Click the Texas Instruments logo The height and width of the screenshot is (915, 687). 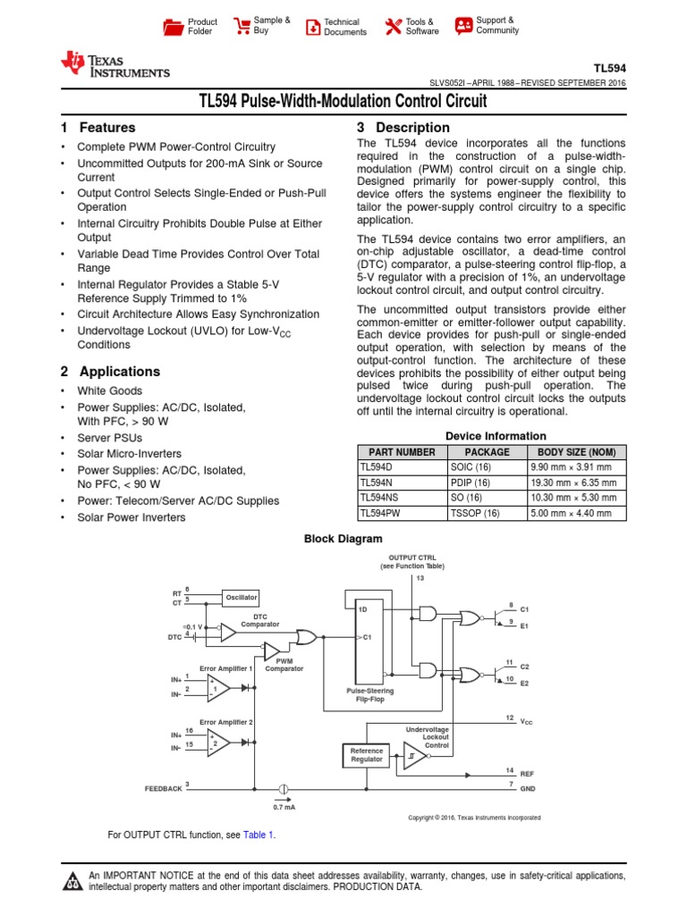pos(114,64)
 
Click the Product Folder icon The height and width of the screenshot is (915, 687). pos(173,27)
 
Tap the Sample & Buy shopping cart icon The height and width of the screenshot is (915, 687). pos(242,26)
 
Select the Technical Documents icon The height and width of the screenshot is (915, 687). pos(312,27)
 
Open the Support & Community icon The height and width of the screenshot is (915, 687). pos(463,26)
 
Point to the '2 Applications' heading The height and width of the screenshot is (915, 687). pos(110,371)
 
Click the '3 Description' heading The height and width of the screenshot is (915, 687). pos(403,128)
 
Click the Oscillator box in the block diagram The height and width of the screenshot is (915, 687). pos(241,597)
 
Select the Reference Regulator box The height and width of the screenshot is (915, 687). pos(366,755)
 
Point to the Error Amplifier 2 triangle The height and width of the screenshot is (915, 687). pos(217,742)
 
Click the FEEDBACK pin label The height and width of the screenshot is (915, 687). pos(163,789)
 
